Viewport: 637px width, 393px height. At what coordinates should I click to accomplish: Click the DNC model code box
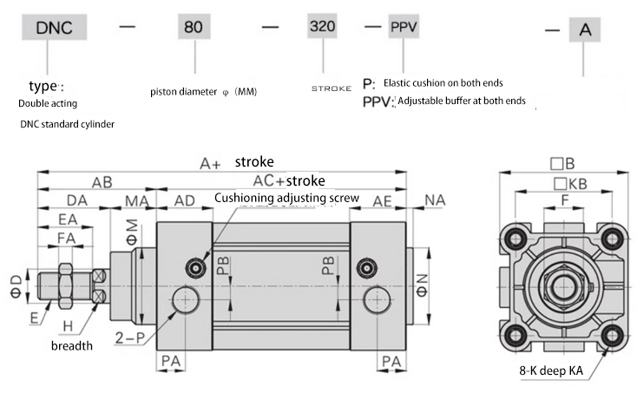60,28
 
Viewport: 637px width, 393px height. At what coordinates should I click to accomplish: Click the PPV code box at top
404,26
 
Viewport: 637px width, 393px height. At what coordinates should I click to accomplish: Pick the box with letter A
586,30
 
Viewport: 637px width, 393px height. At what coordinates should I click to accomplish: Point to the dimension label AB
102,182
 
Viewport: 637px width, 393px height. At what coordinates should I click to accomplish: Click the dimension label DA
77,201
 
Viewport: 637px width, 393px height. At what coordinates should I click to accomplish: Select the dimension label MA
135,201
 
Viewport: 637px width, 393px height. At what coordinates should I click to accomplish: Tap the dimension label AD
184,201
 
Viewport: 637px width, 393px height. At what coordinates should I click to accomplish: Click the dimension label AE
382,201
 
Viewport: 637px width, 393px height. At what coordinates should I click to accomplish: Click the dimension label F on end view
566,200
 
